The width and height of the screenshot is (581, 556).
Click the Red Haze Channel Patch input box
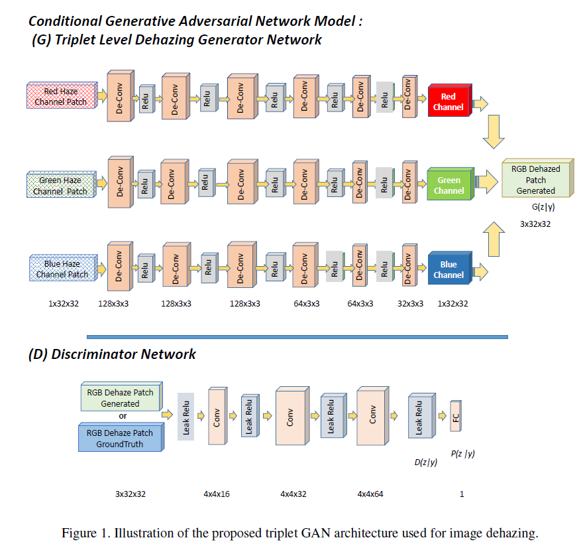click(60, 97)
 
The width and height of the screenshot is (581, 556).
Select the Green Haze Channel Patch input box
click(60, 185)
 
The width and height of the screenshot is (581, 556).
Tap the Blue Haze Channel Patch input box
click(62, 269)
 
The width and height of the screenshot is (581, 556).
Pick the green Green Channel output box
click(449, 185)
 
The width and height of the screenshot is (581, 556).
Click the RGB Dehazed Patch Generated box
click(535, 179)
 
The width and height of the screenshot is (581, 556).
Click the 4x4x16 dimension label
click(217, 494)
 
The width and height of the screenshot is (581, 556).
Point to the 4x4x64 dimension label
click(371, 494)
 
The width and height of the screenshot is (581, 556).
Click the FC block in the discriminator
click(455, 417)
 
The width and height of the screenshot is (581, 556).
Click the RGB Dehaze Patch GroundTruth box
click(120, 438)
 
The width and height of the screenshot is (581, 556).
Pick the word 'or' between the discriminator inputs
click(122, 416)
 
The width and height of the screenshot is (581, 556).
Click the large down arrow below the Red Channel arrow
click(496, 133)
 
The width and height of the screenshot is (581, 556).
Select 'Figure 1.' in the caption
click(84, 533)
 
